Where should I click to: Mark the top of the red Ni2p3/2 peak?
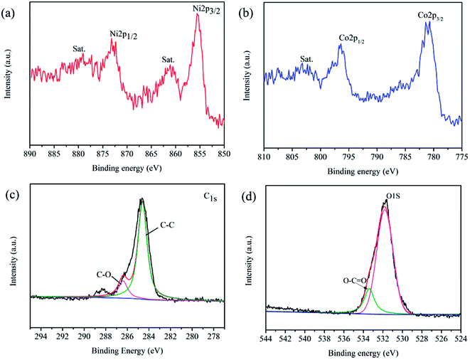[197, 15]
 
